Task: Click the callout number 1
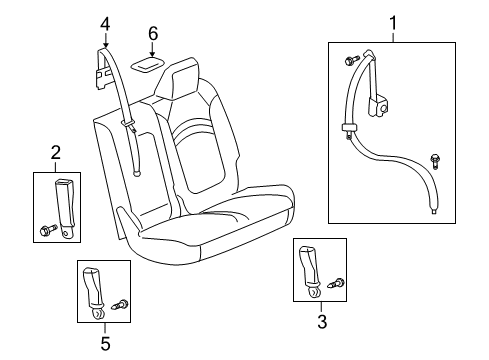coord(392,22)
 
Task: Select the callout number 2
coord(56,152)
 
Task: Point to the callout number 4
coord(106,22)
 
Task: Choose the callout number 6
coord(152,35)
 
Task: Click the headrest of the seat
coord(184,79)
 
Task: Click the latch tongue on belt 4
coord(129,124)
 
